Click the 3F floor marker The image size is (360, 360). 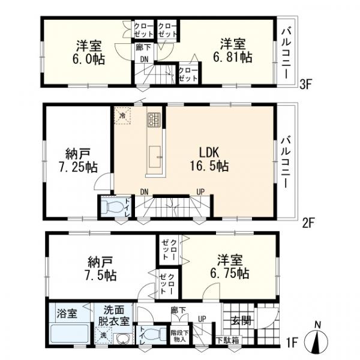click(307, 85)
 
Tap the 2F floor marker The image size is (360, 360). click(308, 223)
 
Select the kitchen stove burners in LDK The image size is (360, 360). click(152, 119)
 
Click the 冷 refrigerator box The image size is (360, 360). click(123, 115)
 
